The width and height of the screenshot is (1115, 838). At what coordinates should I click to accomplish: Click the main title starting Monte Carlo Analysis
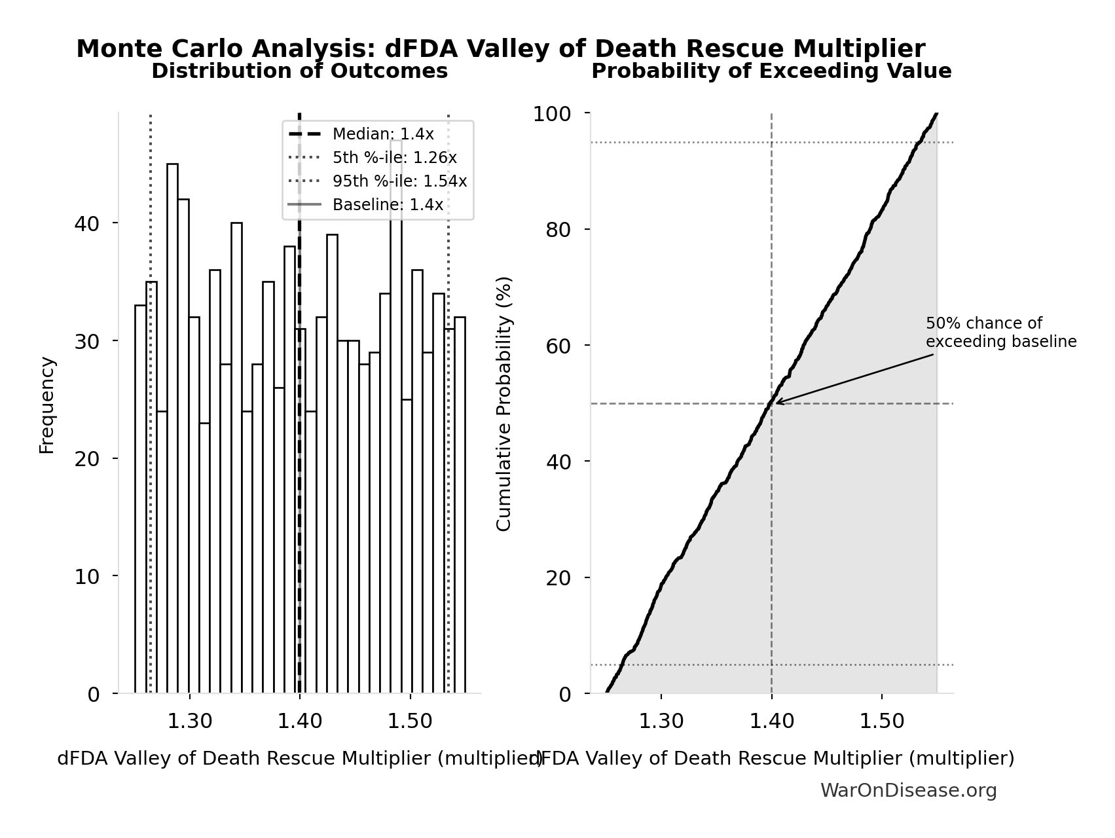click(x=501, y=49)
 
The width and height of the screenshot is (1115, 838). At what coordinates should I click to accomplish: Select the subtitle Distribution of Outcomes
click(x=300, y=71)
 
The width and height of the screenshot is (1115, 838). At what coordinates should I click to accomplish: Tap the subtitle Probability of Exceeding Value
click(x=771, y=71)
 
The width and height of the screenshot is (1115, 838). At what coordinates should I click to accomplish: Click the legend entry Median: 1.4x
click(x=382, y=134)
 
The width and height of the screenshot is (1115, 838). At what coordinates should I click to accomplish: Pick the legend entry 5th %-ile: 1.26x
click(x=394, y=158)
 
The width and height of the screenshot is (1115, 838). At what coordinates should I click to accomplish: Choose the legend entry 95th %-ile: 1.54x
click(x=399, y=181)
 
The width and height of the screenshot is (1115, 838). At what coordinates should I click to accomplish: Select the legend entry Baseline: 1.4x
click(x=388, y=205)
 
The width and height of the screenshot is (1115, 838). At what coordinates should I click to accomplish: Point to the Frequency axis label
click(x=47, y=405)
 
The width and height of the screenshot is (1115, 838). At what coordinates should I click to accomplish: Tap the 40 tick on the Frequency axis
click(x=86, y=224)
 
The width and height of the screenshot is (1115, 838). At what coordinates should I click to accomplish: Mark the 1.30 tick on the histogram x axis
click(x=189, y=721)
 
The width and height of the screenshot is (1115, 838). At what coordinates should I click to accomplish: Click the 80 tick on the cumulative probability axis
click(x=558, y=230)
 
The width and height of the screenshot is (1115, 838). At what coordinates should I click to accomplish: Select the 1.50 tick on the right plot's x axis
click(x=881, y=721)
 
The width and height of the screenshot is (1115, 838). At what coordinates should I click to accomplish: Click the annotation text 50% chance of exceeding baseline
click(x=1000, y=333)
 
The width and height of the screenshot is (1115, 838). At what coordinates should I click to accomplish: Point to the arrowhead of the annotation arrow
click(x=777, y=403)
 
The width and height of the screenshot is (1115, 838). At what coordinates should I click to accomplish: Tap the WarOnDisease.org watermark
click(x=908, y=791)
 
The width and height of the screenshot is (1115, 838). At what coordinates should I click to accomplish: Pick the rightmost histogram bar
click(x=460, y=505)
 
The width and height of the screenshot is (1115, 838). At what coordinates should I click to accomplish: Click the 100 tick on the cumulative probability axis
click(x=552, y=114)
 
